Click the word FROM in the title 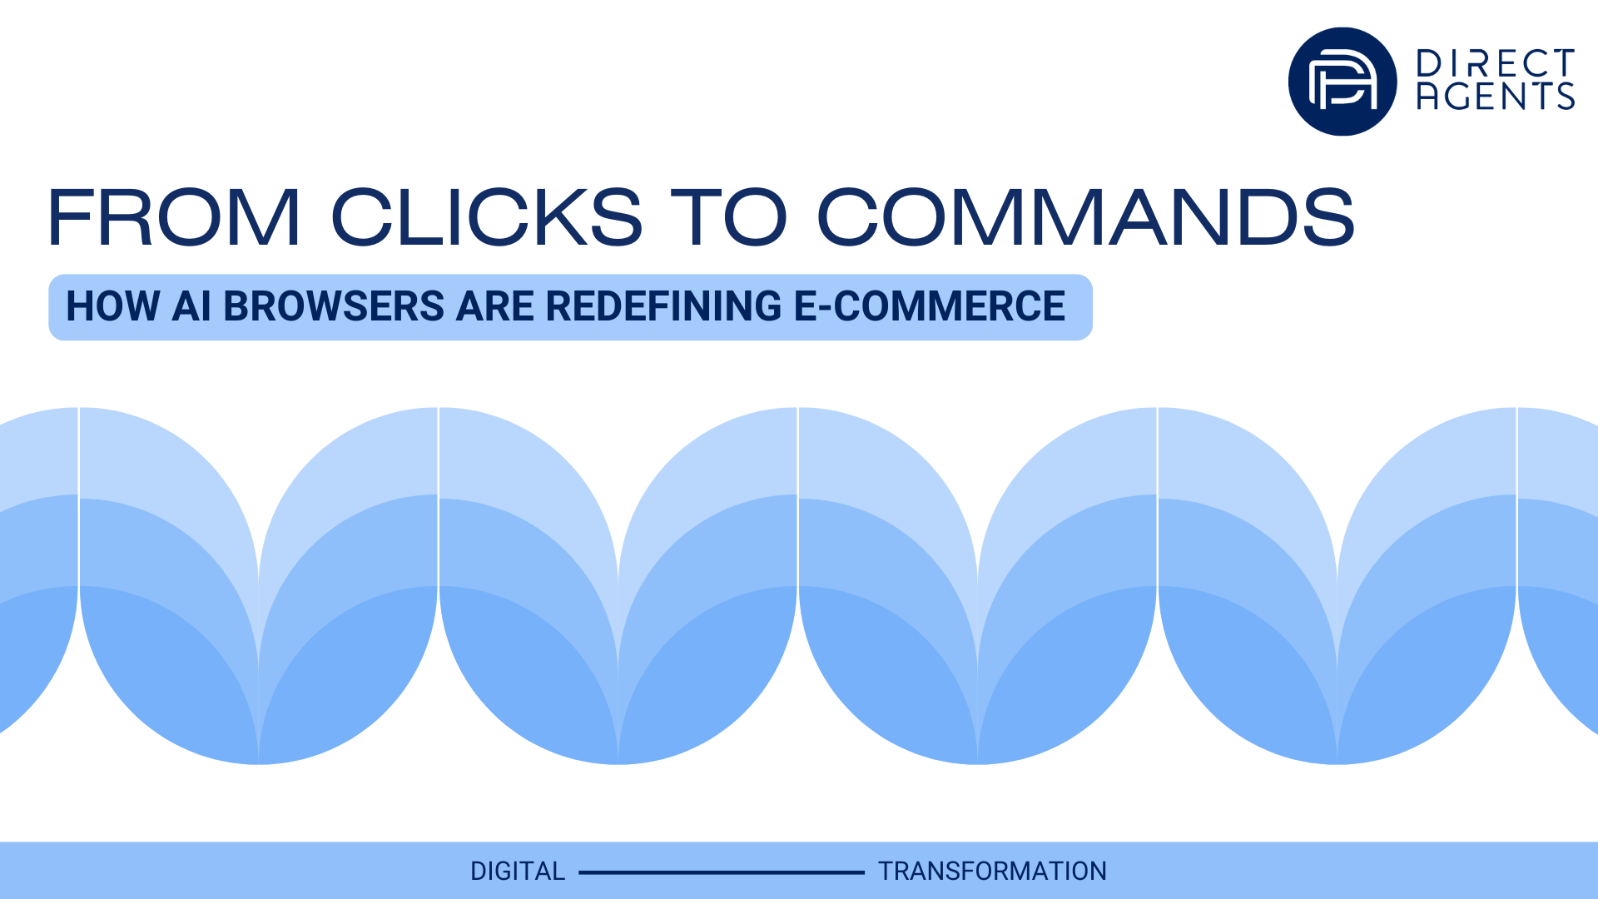(174, 217)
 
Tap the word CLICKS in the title (487, 217)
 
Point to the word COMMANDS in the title (1085, 217)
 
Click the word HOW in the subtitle (112, 306)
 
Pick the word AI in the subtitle (191, 306)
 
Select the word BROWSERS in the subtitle (334, 306)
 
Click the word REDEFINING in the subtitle (663, 306)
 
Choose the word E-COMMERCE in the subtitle (930, 306)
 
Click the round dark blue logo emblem (1342, 82)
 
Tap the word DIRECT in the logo (1495, 63)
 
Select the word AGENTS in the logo (1495, 97)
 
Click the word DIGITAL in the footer (517, 872)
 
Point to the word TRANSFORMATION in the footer (992, 872)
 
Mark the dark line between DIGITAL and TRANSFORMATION (722, 872)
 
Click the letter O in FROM (189, 217)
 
